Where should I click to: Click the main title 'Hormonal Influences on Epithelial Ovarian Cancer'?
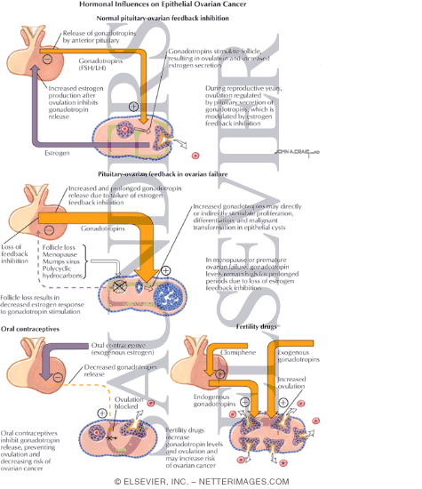point(211,7)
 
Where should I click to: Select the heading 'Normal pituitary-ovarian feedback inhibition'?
point(211,20)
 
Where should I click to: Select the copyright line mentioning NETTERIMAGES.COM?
point(211,481)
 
